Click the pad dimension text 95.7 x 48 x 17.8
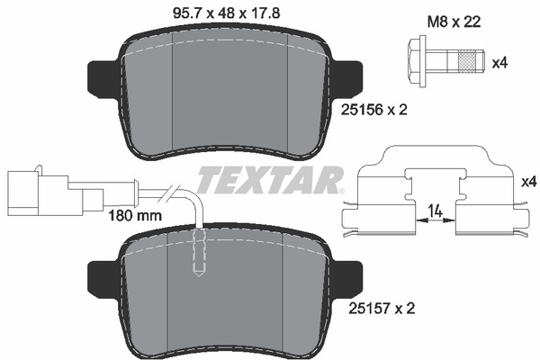point(226,13)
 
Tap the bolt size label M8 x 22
point(454,22)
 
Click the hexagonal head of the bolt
point(417,62)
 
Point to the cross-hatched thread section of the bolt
point(469,62)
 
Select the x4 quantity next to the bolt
point(499,63)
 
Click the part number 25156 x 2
point(374,110)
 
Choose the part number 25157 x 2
point(382,309)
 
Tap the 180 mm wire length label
point(135,216)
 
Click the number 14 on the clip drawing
point(436,211)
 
